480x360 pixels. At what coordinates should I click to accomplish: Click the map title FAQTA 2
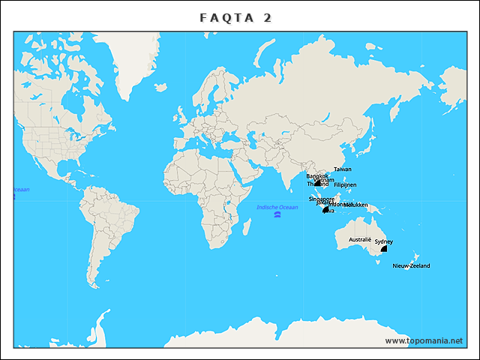coord(236,17)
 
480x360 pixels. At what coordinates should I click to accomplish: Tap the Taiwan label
coord(342,169)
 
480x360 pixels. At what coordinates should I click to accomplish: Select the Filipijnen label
coord(345,184)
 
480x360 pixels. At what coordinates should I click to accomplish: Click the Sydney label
coord(383,241)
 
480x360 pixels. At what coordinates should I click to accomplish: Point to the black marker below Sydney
coord(384,248)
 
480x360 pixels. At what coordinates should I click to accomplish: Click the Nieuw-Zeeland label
coord(411,265)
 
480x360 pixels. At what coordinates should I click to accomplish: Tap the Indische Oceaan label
coord(277,207)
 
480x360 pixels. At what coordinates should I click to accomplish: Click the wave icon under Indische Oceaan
coord(277,214)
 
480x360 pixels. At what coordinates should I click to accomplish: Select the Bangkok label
coord(317,176)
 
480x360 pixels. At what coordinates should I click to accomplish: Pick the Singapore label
coord(322,199)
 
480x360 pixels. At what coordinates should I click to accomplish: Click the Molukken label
coord(355,205)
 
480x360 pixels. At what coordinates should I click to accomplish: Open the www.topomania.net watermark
coord(424,340)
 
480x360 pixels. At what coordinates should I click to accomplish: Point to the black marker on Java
coord(325,211)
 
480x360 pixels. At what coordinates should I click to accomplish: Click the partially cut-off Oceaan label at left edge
coord(21,190)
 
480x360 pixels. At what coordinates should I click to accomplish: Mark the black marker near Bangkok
coord(318,181)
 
